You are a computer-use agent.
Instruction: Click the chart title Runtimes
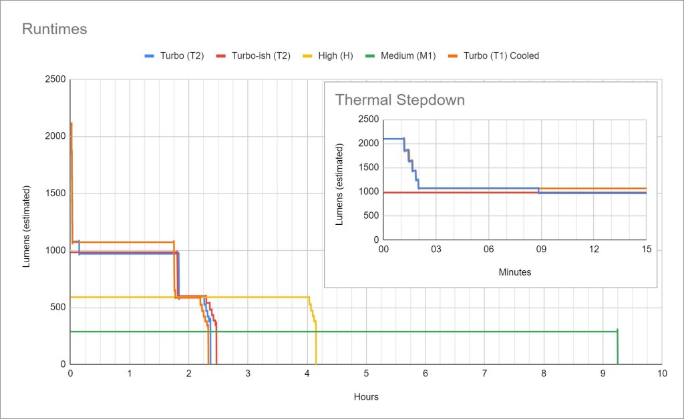tap(55, 29)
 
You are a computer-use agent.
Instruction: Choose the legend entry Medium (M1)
tap(407, 56)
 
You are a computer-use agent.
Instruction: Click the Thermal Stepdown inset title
tap(399, 100)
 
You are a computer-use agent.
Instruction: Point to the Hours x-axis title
tap(366, 397)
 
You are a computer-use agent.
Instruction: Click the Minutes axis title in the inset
tap(515, 272)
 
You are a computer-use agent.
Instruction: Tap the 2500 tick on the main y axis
tap(55, 79)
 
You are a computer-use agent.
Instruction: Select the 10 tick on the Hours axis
tap(661, 374)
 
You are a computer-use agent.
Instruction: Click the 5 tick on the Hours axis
tap(366, 374)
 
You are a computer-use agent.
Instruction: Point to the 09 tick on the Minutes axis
tap(540, 250)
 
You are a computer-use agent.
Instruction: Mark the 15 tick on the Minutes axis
tap(646, 250)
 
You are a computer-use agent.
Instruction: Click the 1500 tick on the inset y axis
tap(369, 167)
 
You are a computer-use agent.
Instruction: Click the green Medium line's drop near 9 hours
tap(617, 347)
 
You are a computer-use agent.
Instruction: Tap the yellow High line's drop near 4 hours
tap(315, 340)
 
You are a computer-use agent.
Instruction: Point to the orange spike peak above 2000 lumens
tap(71, 123)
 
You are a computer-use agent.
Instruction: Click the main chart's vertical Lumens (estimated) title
tap(27, 222)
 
